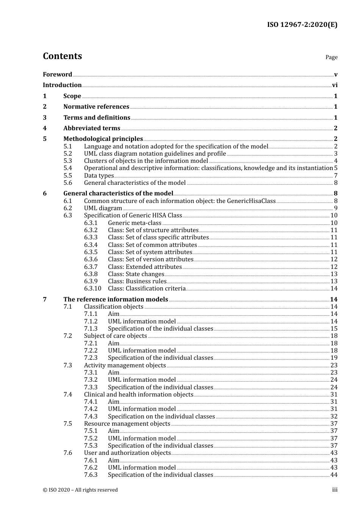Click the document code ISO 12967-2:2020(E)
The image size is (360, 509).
(302, 25)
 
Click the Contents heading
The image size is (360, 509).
(63, 56)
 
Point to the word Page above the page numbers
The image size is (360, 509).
(331, 57)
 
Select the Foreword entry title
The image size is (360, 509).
(57, 74)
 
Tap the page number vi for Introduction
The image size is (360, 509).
(335, 85)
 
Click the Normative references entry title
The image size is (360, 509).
(96, 107)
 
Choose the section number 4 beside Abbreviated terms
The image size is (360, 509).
(45, 128)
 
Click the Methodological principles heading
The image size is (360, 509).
(103, 139)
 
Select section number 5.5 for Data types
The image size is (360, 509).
(68, 176)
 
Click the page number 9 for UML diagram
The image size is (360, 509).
(335, 208)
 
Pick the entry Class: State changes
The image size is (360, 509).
(136, 274)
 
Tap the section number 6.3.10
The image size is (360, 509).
(92, 289)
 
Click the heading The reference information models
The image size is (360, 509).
(116, 300)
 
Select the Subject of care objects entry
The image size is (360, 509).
(115, 336)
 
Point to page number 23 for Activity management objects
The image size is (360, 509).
(334, 365)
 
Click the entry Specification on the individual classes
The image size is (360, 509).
(161, 417)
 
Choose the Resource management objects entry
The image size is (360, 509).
(127, 424)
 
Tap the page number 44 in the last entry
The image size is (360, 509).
(334, 475)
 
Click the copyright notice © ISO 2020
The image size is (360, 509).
(80, 490)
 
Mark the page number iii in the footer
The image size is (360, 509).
(335, 490)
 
